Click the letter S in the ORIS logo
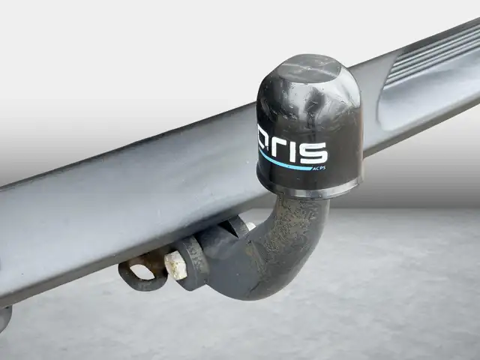[313, 152]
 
